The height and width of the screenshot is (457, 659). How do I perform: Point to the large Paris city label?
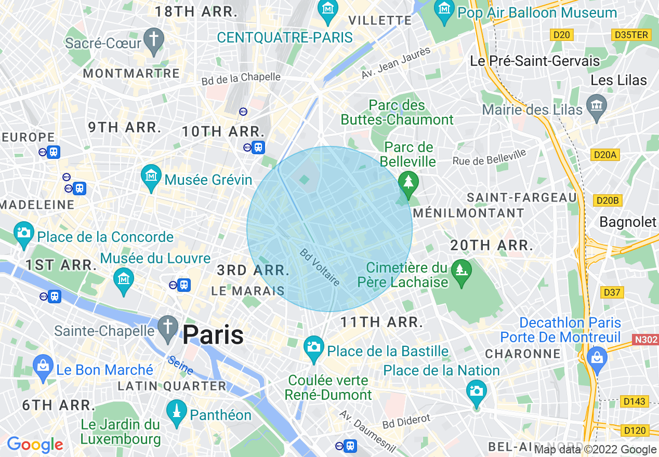coord(213,335)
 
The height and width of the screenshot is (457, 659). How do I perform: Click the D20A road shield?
coord(605,155)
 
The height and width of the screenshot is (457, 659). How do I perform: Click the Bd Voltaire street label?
coord(320,267)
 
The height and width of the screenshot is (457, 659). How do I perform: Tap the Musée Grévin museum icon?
coord(151,178)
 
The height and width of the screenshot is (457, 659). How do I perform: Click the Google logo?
coord(35,445)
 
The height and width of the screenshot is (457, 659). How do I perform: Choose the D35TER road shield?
coord(631,35)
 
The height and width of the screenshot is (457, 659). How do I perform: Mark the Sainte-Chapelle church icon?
coord(168,328)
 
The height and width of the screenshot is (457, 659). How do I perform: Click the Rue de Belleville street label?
coord(489,157)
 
